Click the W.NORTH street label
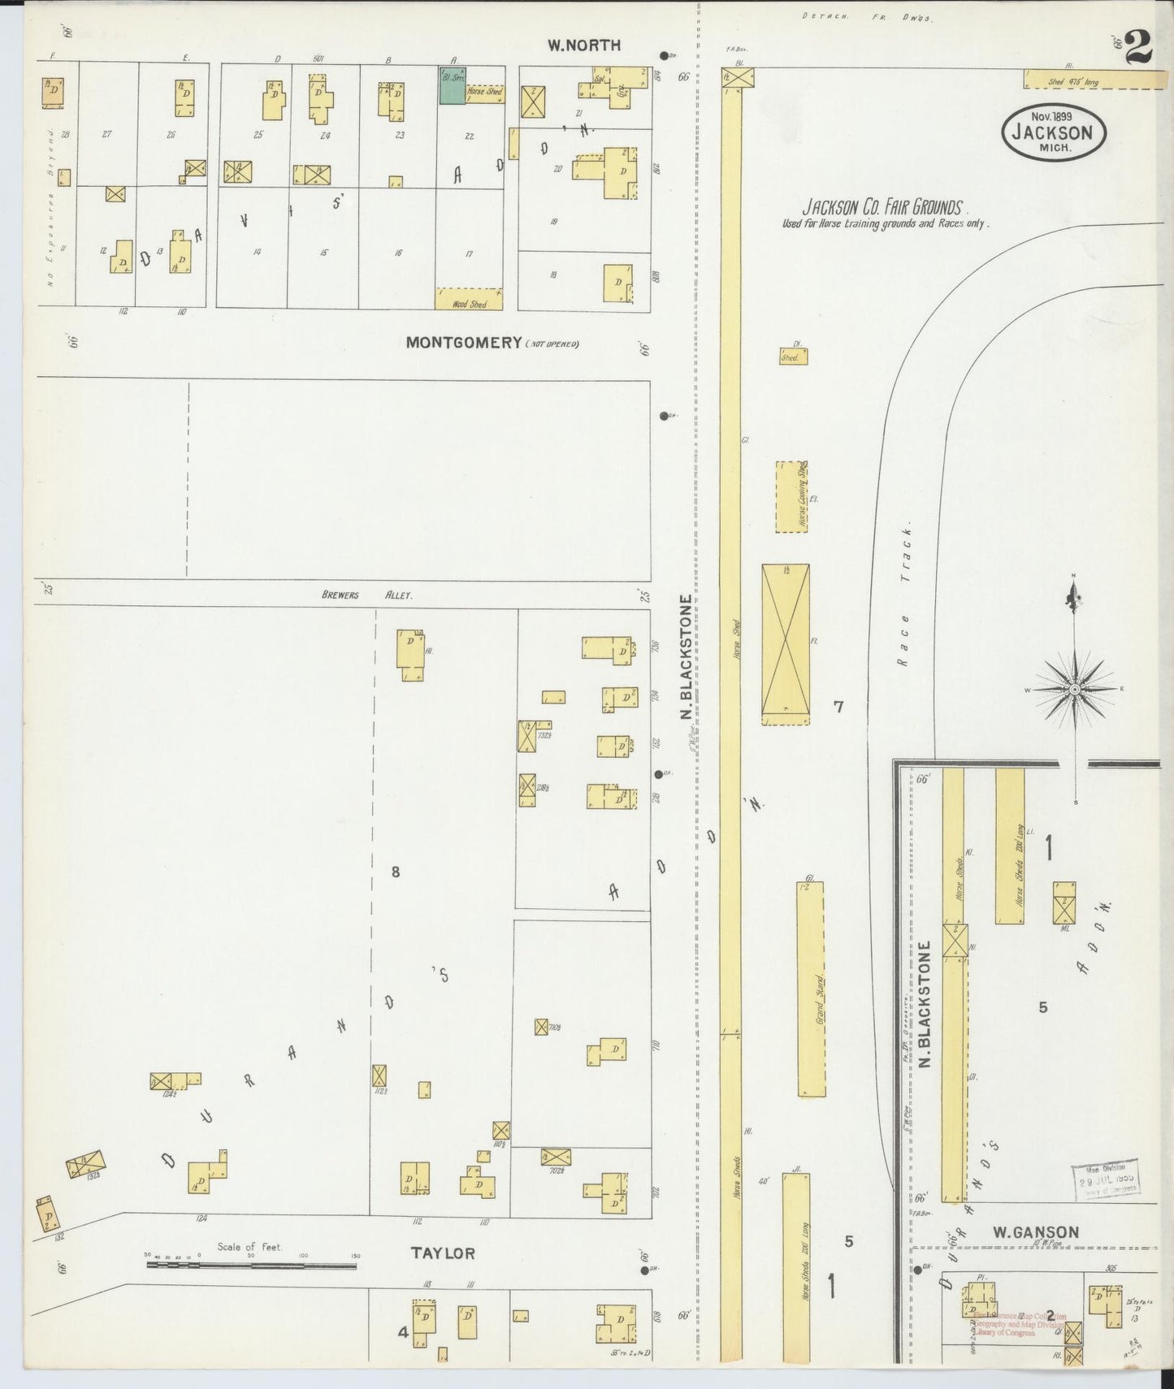(583, 45)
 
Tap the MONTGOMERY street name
(463, 343)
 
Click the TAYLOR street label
(442, 1253)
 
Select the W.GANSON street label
(1036, 1232)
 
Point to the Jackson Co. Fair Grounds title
(883, 208)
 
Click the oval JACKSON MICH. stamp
(1054, 134)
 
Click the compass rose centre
(1074, 689)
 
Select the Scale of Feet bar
(252, 1265)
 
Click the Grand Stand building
(811, 989)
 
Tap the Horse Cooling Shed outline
(791, 497)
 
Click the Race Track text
(904, 595)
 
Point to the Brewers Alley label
(366, 595)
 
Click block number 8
(396, 872)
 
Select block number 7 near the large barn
(838, 707)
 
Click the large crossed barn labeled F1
(785, 643)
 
